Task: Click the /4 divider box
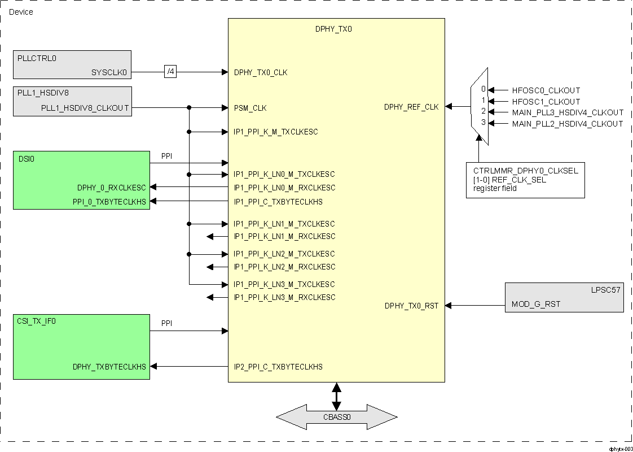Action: click(x=170, y=72)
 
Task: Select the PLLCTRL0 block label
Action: click(x=37, y=58)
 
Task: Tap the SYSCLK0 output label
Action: click(x=109, y=72)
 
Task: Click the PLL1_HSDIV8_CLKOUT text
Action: click(x=85, y=108)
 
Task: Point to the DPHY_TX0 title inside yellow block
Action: click(x=333, y=28)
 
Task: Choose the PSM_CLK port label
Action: click(x=250, y=108)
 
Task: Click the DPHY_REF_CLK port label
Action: click(x=411, y=107)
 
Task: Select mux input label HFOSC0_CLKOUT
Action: click(x=546, y=90)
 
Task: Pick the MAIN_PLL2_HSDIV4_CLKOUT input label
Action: click(x=567, y=124)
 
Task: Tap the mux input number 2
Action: click(x=483, y=112)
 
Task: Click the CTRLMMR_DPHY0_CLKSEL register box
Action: click(x=525, y=179)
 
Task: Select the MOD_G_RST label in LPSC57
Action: click(x=535, y=305)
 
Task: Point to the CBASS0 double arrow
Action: click(x=336, y=418)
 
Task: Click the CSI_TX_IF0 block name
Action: click(x=37, y=321)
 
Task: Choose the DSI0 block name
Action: click(x=26, y=159)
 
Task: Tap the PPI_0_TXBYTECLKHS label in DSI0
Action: click(x=109, y=201)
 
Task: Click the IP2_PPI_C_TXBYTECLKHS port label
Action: click(x=278, y=367)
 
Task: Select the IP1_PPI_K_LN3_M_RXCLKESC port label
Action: click(x=284, y=297)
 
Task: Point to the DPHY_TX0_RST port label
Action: click(x=411, y=306)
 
